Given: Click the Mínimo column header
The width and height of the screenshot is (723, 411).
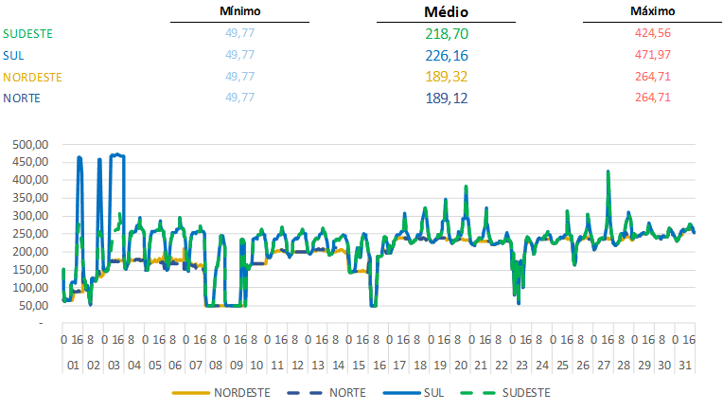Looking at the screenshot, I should click(x=239, y=11).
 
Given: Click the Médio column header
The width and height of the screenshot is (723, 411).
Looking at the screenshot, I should click(x=446, y=12).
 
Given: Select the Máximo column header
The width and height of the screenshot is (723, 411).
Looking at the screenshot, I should click(x=652, y=11).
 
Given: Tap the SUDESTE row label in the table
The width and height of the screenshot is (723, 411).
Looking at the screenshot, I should click(x=27, y=33).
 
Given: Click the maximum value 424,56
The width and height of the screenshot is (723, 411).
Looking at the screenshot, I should click(x=652, y=33).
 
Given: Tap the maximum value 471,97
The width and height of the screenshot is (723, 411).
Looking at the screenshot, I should click(x=652, y=55).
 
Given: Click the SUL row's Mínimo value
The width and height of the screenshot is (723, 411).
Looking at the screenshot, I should click(x=239, y=55).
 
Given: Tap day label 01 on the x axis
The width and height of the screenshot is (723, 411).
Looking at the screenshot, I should click(x=72, y=366).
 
